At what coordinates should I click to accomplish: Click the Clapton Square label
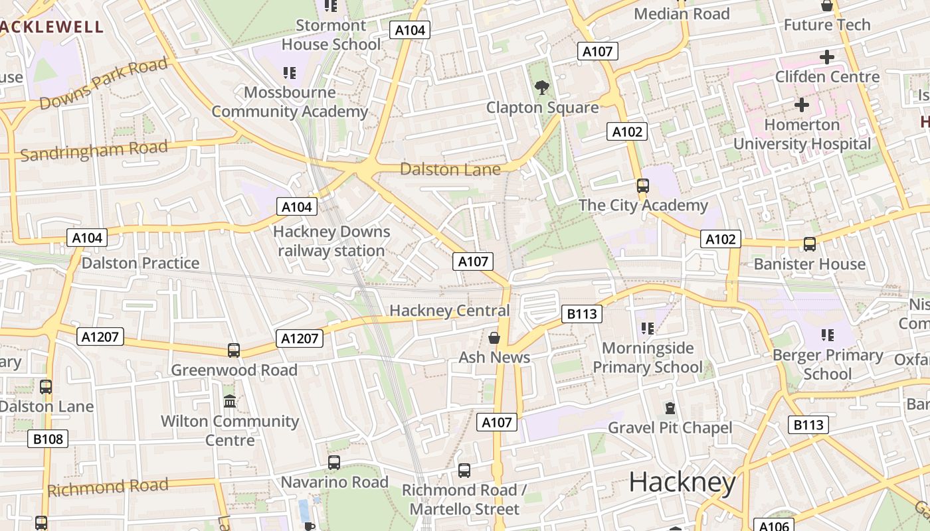pyautogui.click(x=542, y=108)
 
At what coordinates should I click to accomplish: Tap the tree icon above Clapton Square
pyautogui.click(x=542, y=87)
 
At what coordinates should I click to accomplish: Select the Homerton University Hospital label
pyautogui.click(x=802, y=134)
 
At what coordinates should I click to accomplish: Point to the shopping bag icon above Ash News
pyautogui.click(x=494, y=338)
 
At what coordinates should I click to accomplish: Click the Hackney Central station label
pyautogui.click(x=449, y=311)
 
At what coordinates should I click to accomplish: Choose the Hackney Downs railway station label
pyautogui.click(x=331, y=242)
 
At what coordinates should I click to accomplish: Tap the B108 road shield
pyautogui.click(x=48, y=438)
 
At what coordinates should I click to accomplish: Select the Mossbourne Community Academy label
pyautogui.click(x=290, y=102)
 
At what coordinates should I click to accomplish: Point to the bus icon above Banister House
pyautogui.click(x=809, y=244)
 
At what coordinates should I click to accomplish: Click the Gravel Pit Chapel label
pyautogui.click(x=670, y=428)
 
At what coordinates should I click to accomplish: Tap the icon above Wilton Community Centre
pyautogui.click(x=230, y=402)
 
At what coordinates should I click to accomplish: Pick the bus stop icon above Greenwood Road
pyautogui.click(x=233, y=350)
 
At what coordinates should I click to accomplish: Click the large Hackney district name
pyautogui.click(x=682, y=483)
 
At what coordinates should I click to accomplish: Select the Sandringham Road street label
pyautogui.click(x=94, y=151)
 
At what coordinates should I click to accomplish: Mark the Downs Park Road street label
pyautogui.click(x=103, y=84)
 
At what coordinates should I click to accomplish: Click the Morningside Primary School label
pyautogui.click(x=647, y=358)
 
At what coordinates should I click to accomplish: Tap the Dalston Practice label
pyautogui.click(x=140, y=264)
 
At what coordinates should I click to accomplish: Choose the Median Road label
pyautogui.click(x=682, y=14)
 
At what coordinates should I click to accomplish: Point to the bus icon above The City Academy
pyautogui.click(x=642, y=186)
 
